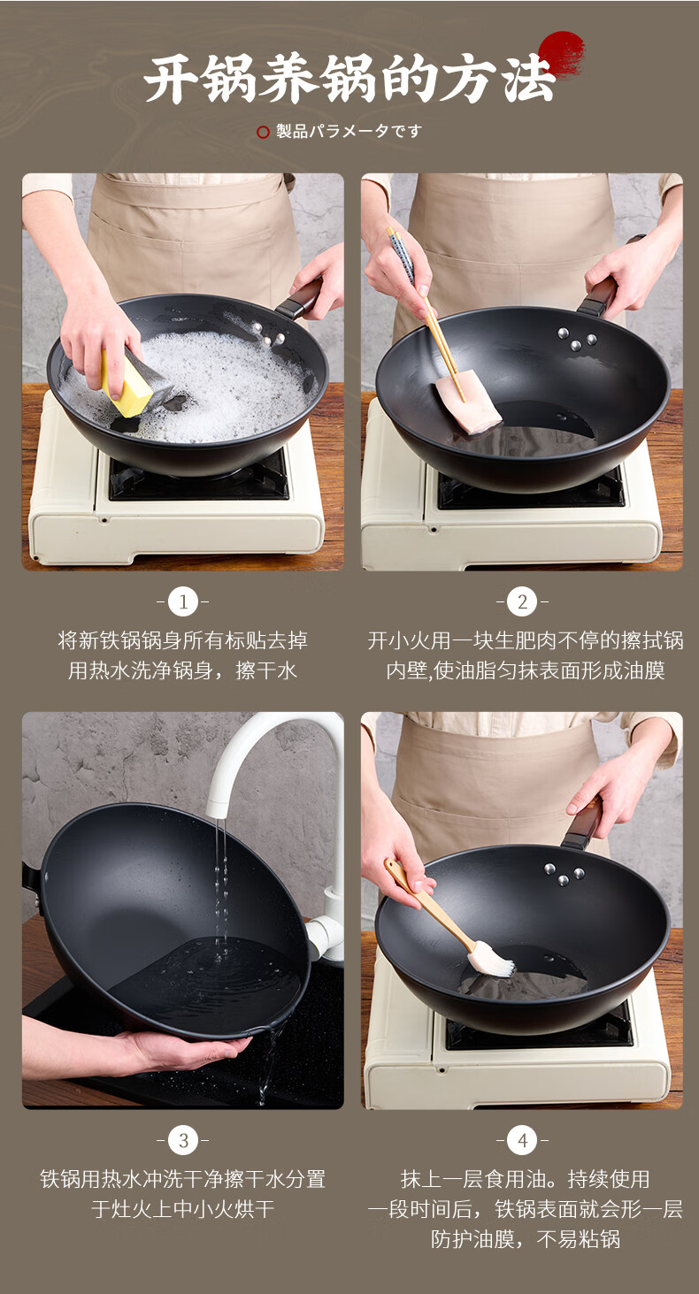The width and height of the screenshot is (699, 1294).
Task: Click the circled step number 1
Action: [x=183, y=602]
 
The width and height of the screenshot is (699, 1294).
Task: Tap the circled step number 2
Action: [x=522, y=602]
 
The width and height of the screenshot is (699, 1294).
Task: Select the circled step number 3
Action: [x=183, y=1140]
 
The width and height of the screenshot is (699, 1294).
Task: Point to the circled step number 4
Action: [x=522, y=1140]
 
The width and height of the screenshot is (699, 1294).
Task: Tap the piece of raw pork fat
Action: [x=468, y=402]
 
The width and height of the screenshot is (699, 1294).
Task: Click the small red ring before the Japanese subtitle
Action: [x=263, y=133]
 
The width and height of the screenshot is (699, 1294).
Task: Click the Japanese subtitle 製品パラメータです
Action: [x=349, y=131]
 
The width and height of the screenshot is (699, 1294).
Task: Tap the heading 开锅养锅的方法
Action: [x=349, y=78]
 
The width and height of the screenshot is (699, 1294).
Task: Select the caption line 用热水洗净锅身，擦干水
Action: [x=182, y=670]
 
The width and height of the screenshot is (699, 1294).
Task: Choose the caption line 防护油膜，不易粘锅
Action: [x=525, y=1239]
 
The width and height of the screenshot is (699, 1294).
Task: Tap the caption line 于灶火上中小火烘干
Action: [x=182, y=1209]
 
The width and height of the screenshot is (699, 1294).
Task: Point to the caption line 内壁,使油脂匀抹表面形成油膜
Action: [x=525, y=670]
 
